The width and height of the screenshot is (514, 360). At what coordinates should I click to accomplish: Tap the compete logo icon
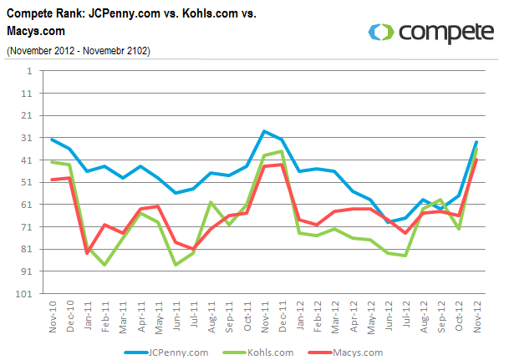click(x=381, y=32)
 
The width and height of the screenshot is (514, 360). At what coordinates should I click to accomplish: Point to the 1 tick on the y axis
click(x=31, y=71)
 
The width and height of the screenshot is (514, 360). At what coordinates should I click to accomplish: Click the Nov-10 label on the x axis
click(x=52, y=317)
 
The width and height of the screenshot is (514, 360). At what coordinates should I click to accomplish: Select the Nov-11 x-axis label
click(x=264, y=317)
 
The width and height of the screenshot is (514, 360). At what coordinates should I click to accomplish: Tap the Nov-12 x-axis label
click(x=476, y=317)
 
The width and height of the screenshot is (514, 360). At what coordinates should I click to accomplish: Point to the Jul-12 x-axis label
click(x=406, y=317)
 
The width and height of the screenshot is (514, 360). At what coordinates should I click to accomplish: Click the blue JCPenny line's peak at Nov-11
click(x=264, y=131)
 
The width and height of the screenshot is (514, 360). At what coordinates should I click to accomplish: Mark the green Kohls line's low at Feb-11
click(x=104, y=265)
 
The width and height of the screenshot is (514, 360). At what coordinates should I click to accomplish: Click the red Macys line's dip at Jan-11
click(x=87, y=253)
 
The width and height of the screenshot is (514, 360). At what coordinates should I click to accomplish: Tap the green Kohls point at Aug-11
click(x=211, y=202)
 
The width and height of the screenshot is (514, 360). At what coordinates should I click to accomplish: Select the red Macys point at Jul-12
click(x=406, y=233)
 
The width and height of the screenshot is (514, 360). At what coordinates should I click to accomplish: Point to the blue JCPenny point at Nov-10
click(x=52, y=139)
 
